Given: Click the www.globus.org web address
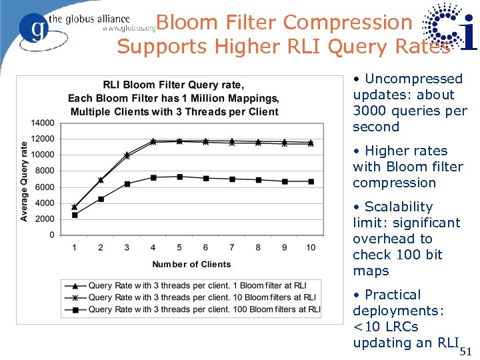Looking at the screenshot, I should click(x=129, y=29).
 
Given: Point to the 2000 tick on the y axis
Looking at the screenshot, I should click(x=45, y=219).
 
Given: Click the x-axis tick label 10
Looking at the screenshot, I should click(x=311, y=247).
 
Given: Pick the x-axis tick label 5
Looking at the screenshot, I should click(x=179, y=247).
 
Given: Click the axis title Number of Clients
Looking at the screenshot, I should click(x=191, y=265).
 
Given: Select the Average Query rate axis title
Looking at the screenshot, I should click(x=25, y=181).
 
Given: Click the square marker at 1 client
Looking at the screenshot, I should click(x=75, y=215).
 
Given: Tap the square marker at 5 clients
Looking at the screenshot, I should click(x=179, y=177).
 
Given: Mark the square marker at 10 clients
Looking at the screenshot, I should click(x=311, y=181).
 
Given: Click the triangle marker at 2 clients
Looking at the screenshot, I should click(x=101, y=180).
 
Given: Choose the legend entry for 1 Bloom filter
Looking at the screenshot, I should click(x=197, y=286).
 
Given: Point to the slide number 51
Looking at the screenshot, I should click(x=465, y=351).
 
